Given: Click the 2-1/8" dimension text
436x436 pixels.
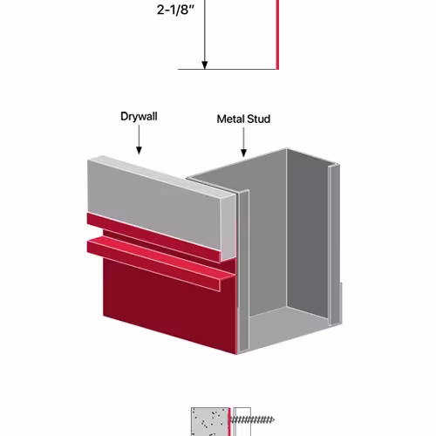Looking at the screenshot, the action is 175,10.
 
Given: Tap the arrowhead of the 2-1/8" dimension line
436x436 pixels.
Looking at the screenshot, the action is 205,65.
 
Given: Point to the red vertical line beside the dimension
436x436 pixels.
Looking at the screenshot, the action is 277,35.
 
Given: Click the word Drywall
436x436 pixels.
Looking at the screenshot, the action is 139,116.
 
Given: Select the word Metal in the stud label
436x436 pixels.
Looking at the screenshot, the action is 230,119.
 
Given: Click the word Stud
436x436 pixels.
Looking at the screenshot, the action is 258,119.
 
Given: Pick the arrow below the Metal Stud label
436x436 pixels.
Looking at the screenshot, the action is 243,142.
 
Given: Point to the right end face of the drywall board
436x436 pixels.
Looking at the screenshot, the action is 228,228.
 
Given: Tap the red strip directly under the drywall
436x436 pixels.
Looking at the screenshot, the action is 153,238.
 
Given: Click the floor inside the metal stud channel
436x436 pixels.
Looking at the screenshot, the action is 288,324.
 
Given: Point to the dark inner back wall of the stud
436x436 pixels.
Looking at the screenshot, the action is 308,233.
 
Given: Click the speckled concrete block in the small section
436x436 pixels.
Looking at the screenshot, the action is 209,421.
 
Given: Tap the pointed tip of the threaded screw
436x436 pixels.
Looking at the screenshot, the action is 273,419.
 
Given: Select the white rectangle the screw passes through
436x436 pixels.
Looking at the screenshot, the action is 242,421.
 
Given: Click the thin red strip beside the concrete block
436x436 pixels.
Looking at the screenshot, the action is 229,422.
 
